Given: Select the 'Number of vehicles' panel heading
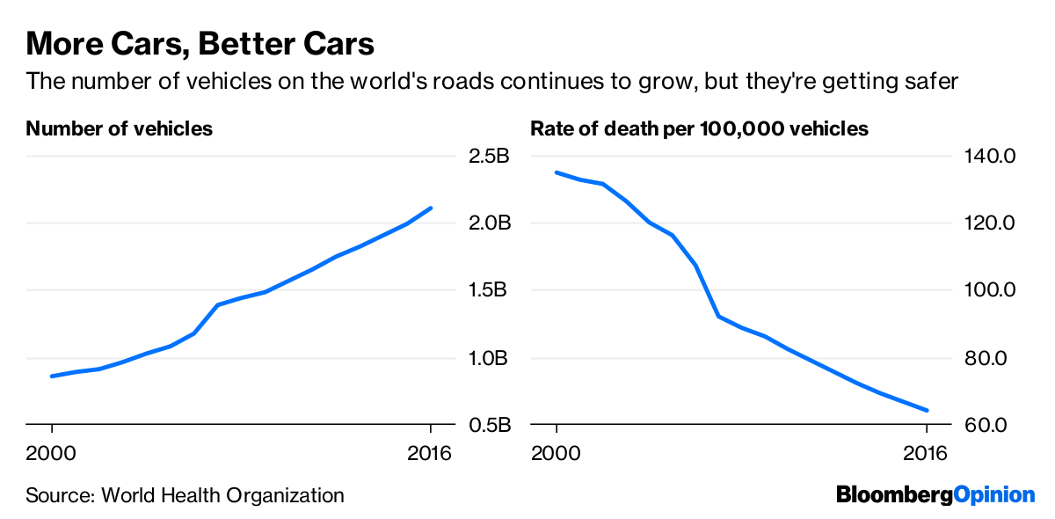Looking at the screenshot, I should [120, 128].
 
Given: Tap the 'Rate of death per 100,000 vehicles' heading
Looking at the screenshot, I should [699, 128].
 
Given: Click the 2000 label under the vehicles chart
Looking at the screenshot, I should [52, 454].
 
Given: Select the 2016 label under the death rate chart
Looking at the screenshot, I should [927, 454].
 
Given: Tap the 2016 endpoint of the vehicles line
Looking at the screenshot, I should [431, 208].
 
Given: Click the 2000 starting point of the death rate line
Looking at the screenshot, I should [557, 172].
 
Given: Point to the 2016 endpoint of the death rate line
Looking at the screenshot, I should [927, 410].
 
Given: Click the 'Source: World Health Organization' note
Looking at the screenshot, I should [185, 495].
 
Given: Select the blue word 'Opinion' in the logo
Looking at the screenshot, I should [994, 495].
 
